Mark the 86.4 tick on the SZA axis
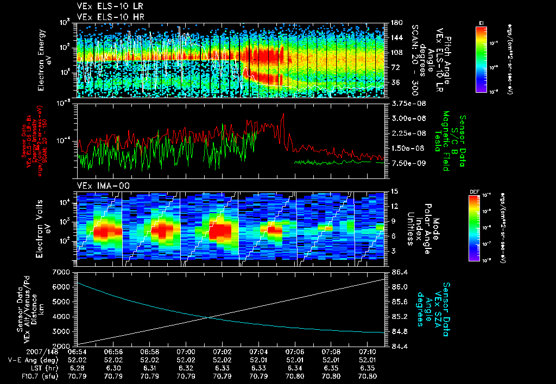click(396, 271)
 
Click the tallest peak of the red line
click(283, 114)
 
